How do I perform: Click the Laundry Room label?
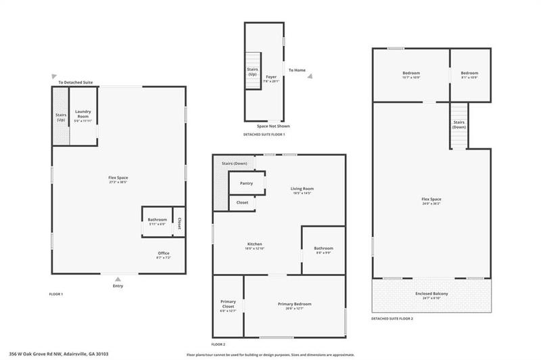[83, 114]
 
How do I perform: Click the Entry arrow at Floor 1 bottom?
[118, 279]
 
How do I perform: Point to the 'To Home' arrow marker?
[309, 76]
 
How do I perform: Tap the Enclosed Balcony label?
[431, 294]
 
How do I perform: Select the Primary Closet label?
[228, 305]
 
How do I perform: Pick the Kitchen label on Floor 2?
[254, 245]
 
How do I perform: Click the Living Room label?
[302, 190]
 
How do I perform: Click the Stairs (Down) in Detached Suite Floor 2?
[459, 125]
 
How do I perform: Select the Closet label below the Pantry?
[241, 202]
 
